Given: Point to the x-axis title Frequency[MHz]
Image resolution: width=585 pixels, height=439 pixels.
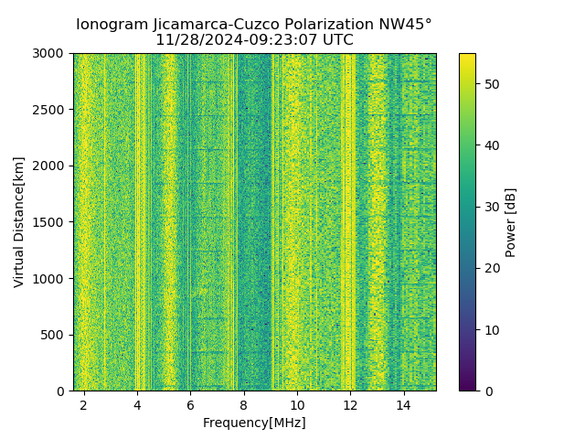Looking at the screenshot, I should [254, 423].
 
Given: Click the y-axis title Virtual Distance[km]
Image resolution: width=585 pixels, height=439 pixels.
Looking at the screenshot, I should [19, 221].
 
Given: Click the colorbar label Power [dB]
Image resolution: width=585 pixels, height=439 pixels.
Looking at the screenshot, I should [511, 222].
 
